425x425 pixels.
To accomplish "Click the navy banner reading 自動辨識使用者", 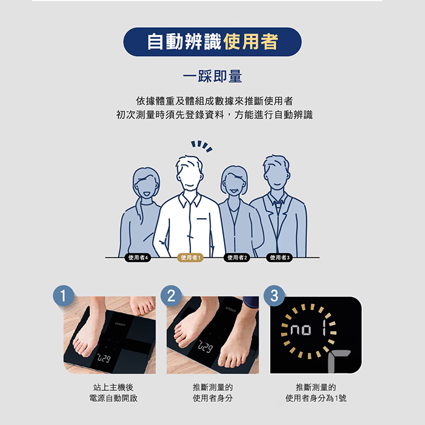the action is click(212, 42).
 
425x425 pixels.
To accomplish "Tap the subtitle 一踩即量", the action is click(212, 76).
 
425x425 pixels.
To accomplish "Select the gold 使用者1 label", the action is click(190, 257).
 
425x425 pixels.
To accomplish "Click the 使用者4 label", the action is click(138, 257).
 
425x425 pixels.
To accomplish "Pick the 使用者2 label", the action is click(237, 257).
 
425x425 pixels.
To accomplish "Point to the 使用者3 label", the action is click(279, 257).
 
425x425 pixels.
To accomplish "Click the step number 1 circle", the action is click(63, 296).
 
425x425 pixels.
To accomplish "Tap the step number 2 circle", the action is click(171, 296).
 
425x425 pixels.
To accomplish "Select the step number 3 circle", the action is click(274, 296).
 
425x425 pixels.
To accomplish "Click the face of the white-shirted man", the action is click(189, 176).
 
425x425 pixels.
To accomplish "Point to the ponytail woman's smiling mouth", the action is click(146, 194).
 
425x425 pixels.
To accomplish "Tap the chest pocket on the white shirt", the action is click(202, 219).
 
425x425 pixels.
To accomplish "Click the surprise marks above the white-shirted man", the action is click(202, 146).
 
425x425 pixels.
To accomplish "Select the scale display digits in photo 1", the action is click(104, 358).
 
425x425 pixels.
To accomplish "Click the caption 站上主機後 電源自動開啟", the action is click(113, 393).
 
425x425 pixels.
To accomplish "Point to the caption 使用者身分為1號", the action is click(316, 398).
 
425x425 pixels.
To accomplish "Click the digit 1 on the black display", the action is click(324, 328).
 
